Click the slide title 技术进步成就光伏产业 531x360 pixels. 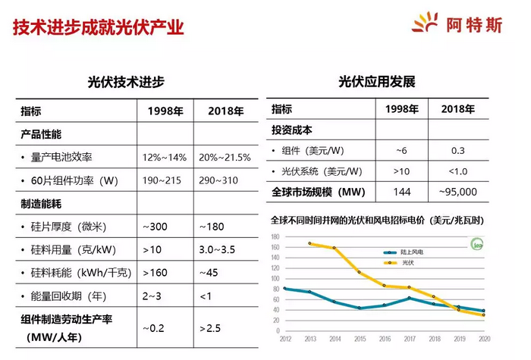[99, 29]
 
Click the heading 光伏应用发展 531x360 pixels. [377, 82]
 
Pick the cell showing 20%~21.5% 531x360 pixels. [225, 158]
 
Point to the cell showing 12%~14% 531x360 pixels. [165, 158]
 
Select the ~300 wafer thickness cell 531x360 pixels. [156, 227]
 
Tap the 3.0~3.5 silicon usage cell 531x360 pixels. [218, 249]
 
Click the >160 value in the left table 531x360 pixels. [157, 272]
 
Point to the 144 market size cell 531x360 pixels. [402, 193]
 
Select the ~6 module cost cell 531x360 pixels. [402, 150]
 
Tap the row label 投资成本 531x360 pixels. [292, 130]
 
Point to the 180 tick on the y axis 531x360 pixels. [276, 237]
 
